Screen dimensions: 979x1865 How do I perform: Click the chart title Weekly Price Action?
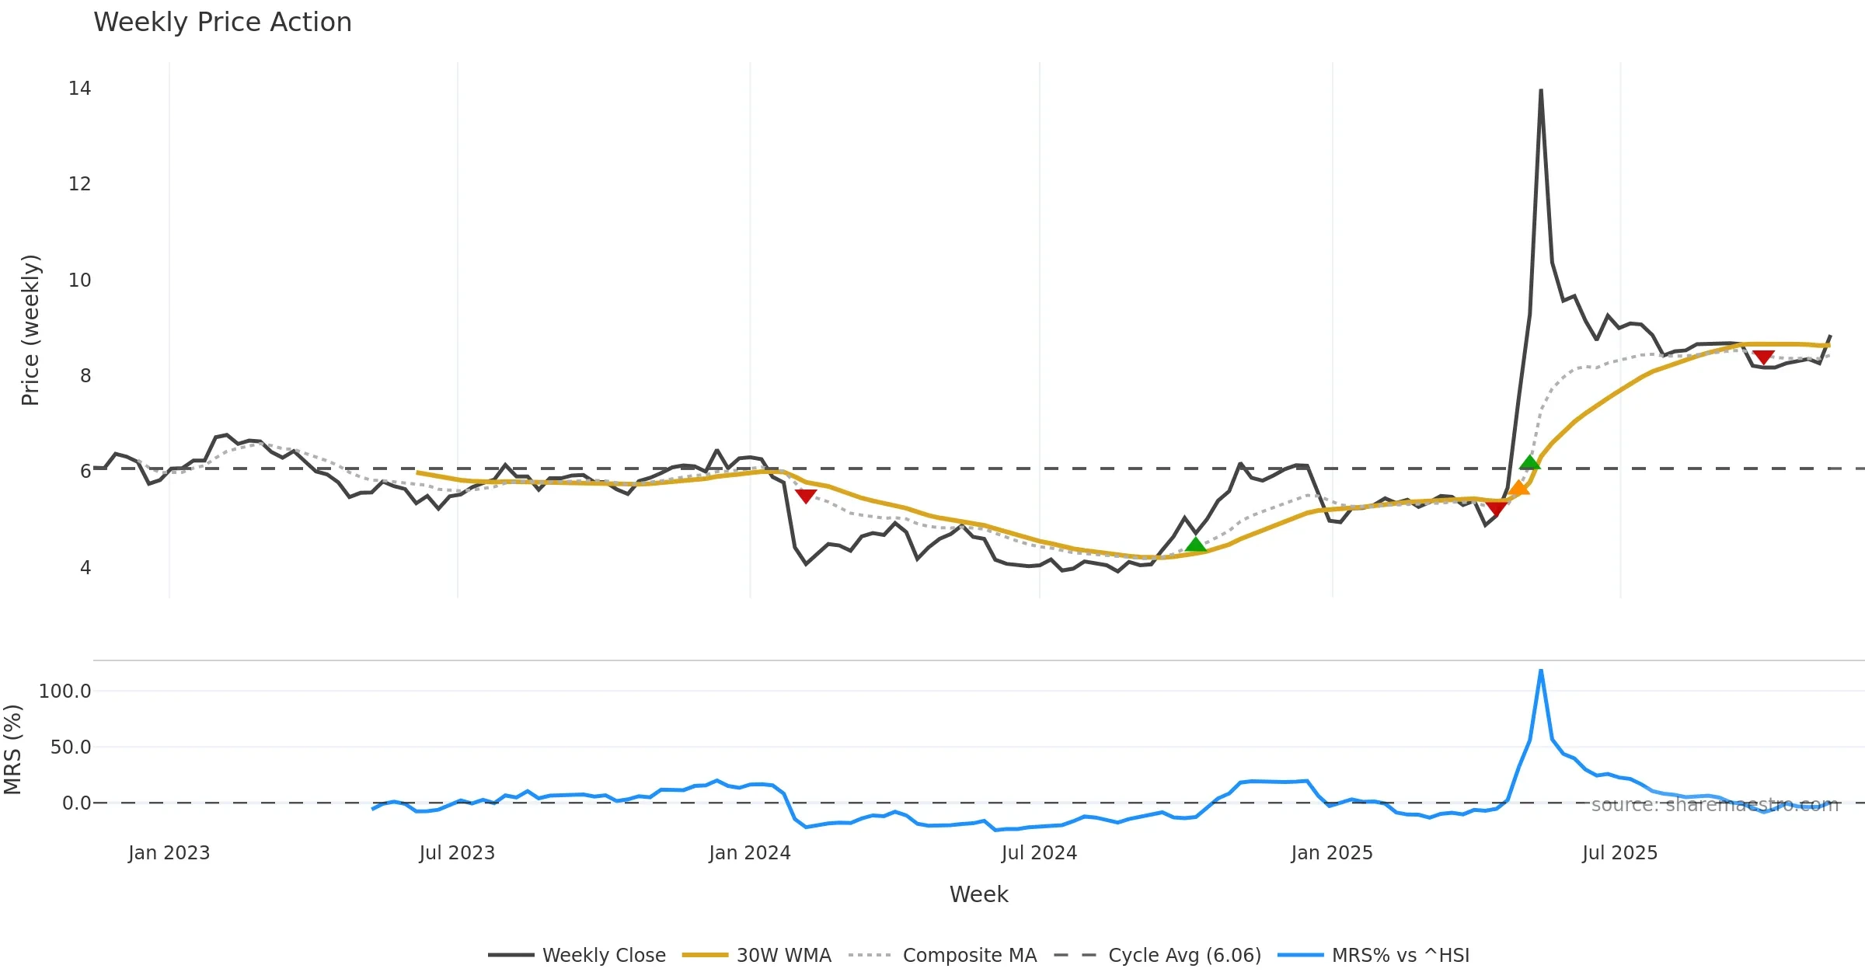tap(222, 23)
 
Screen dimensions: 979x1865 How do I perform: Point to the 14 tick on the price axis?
tap(79, 89)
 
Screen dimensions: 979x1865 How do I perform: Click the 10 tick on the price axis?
tap(79, 280)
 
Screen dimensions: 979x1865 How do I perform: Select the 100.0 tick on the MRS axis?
tap(64, 691)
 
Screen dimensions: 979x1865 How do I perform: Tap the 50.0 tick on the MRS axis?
tap(70, 747)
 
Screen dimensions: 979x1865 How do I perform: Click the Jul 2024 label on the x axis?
tap(1039, 853)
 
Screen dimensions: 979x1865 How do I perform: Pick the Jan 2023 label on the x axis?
tap(169, 853)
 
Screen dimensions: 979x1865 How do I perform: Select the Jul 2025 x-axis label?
tap(1619, 853)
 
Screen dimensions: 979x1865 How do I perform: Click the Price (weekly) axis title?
tap(30, 330)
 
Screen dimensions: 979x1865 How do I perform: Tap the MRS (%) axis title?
tap(12, 750)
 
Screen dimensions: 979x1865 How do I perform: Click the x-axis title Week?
tap(978, 895)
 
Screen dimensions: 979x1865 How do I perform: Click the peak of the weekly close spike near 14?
tap(1540, 91)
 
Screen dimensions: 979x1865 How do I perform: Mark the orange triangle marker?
tap(1518, 488)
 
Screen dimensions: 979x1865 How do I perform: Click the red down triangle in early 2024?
tap(806, 496)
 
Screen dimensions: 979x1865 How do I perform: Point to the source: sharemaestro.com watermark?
tap(1715, 805)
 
